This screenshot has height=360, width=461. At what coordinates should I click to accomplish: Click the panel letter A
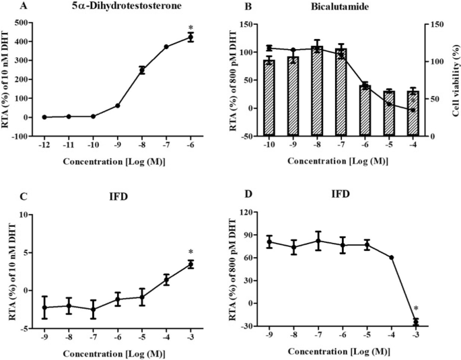point(6,7)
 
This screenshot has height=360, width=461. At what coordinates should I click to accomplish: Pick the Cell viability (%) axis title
point(453,79)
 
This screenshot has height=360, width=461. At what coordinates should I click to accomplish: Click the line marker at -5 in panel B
point(390,104)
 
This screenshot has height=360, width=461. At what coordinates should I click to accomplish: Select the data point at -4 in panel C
point(166,279)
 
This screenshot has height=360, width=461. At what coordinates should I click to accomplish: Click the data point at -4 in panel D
point(392,257)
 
